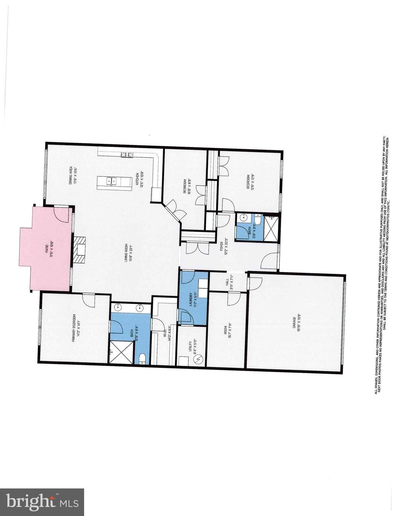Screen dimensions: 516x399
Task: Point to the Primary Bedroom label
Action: (x=76, y=328)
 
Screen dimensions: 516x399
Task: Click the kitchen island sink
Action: (x=112, y=182)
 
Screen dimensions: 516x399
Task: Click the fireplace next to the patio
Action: (x=80, y=250)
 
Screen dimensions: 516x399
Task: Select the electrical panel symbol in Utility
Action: (x=199, y=359)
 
